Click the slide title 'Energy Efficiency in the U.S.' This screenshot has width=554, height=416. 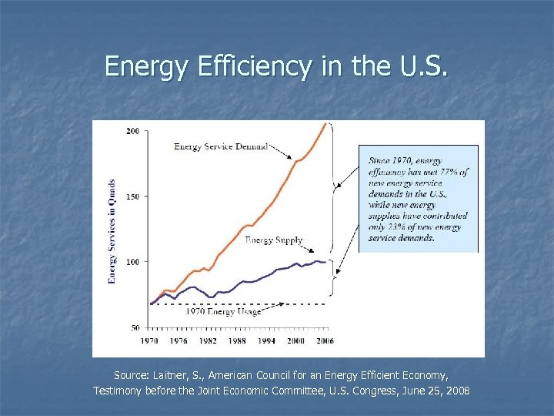click(x=276, y=66)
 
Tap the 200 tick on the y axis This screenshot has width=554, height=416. click(x=132, y=131)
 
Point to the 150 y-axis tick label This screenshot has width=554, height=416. click(x=132, y=196)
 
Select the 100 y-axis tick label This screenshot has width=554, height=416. click(x=132, y=262)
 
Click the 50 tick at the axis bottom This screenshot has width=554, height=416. click(x=134, y=327)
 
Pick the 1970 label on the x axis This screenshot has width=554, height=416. click(x=150, y=340)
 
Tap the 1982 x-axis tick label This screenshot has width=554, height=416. click(x=209, y=340)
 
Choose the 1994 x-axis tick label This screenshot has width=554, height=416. click(x=266, y=340)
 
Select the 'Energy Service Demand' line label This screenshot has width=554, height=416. click(x=221, y=146)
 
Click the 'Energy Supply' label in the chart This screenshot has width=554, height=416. click(x=273, y=240)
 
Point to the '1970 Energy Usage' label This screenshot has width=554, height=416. click(x=223, y=311)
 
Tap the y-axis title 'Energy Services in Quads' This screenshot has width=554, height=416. click(x=112, y=230)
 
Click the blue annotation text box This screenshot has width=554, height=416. click(x=419, y=199)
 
